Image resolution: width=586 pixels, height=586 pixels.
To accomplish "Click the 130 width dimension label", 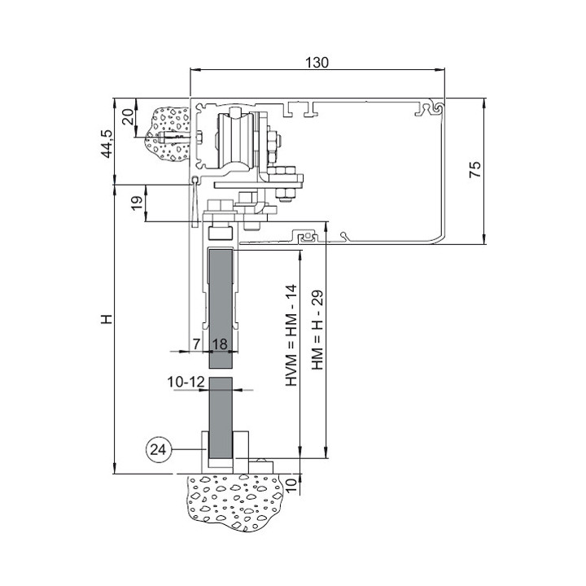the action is click(x=317, y=63).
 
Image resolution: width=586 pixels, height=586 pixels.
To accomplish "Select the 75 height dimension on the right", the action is click(x=475, y=169).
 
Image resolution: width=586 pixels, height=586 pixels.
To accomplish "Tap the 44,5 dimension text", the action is click(x=107, y=144).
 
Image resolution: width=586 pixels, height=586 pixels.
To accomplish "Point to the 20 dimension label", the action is click(x=129, y=117).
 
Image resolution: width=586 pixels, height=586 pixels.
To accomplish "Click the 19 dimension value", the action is click(x=138, y=203).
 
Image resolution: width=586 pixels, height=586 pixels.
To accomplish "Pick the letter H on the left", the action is click(x=107, y=319).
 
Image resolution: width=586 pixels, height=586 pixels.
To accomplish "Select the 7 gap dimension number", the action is click(x=197, y=343).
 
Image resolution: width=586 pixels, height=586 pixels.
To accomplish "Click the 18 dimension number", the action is click(x=220, y=343).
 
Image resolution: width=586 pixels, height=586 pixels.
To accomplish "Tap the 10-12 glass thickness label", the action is click(x=186, y=382).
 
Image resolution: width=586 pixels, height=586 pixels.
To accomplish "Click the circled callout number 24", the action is click(x=158, y=449).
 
